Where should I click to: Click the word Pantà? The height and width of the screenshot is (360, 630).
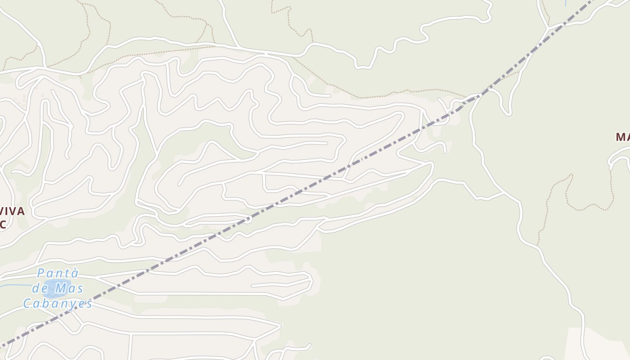(58, 273)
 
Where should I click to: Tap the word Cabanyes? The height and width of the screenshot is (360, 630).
(58, 303)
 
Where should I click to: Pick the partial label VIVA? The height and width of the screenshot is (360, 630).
(12, 211)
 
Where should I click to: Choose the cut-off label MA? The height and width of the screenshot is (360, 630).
(623, 137)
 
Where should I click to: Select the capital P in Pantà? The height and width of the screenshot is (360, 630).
(42, 273)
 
